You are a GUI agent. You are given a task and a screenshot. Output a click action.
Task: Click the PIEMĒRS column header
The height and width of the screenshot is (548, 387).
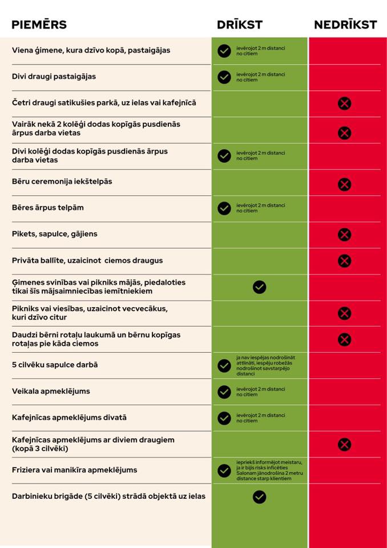click(x=39, y=25)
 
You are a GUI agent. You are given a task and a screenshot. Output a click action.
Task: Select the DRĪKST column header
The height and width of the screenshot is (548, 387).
click(x=240, y=25)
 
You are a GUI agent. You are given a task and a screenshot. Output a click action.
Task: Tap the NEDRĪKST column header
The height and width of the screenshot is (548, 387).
click(x=345, y=25)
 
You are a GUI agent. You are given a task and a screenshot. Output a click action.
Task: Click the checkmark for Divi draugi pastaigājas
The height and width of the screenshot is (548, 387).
click(x=224, y=77)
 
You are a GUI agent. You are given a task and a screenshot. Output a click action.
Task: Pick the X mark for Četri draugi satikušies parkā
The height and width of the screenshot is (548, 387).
click(x=344, y=103)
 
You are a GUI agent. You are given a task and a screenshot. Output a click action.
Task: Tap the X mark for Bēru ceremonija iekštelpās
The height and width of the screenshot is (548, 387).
click(x=344, y=184)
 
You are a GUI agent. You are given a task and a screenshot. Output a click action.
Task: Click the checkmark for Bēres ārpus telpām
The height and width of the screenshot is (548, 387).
click(x=224, y=208)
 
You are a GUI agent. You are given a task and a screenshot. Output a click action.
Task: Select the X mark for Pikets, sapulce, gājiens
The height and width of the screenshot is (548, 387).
click(x=344, y=235)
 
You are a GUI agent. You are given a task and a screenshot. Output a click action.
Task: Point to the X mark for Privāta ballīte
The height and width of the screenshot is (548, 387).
click(x=344, y=261)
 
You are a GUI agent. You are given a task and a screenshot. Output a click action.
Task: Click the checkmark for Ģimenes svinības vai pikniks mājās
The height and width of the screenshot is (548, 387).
click(x=259, y=287)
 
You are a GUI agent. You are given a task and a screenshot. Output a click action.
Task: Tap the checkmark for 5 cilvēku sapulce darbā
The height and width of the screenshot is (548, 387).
click(x=224, y=365)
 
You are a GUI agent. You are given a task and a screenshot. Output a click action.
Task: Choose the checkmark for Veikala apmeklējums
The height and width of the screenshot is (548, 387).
click(x=224, y=392)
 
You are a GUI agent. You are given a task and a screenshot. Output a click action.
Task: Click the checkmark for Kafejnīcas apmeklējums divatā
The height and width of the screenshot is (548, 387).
click(x=224, y=418)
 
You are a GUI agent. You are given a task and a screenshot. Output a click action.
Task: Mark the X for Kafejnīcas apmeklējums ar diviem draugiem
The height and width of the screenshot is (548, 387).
click(x=344, y=444)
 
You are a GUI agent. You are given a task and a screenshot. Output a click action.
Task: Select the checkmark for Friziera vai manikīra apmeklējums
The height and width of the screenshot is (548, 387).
click(x=224, y=470)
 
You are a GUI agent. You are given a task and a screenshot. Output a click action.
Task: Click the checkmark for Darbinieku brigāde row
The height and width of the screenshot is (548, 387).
click(x=259, y=497)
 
